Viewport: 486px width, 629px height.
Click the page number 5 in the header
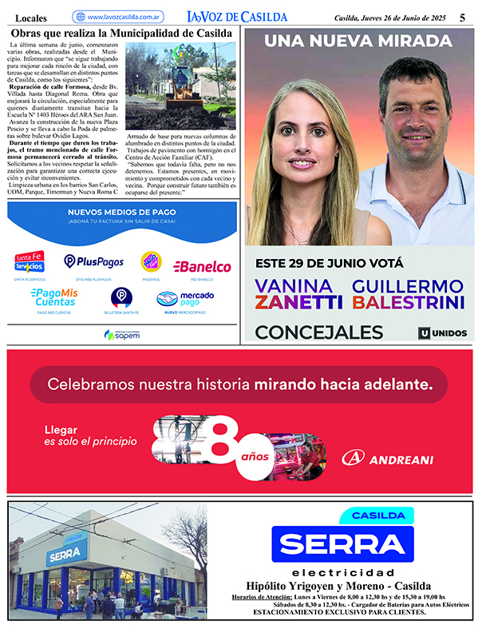click(462, 17)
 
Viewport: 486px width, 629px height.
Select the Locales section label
click(31, 18)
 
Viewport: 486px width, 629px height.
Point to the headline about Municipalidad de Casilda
click(122, 33)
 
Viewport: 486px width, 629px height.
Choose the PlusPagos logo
click(93, 261)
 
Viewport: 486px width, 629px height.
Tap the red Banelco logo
click(202, 266)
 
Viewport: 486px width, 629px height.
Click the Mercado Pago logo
click(186, 299)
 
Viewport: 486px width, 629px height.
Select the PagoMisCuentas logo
click(54, 297)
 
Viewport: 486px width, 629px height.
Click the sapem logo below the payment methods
click(121, 334)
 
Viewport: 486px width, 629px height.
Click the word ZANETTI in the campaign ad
click(298, 302)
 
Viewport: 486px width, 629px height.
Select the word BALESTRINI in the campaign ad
click(409, 302)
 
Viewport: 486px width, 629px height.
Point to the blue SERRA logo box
click(342, 543)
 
